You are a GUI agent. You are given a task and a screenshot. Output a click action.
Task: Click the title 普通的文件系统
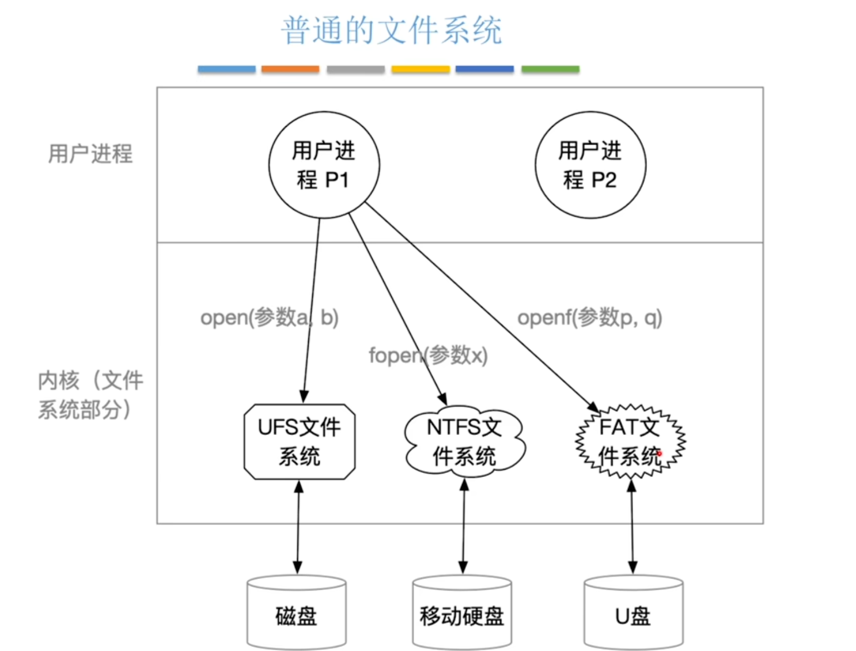pyautogui.click(x=392, y=30)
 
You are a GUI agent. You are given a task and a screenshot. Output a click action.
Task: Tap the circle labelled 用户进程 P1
pyautogui.click(x=324, y=165)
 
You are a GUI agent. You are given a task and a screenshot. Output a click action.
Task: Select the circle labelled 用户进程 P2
pyautogui.click(x=590, y=165)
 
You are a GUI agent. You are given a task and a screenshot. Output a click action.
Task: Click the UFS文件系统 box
pyautogui.click(x=300, y=442)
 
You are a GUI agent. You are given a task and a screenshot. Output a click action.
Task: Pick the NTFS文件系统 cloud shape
pyautogui.click(x=464, y=442)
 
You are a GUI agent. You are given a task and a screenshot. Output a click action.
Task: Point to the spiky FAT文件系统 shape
pyautogui.click(x=630, y=442)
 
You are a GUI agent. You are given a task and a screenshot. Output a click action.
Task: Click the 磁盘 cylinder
pyautogui.click(x=297, y=614)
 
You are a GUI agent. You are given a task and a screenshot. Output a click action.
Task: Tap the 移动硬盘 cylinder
pyautogui.click(x=462, y=614)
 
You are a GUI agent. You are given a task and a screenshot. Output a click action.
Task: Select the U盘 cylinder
pyautogui.click(x=633, y=614)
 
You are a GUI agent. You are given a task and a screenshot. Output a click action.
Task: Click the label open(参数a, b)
pyautogui.click(x=269, y=317)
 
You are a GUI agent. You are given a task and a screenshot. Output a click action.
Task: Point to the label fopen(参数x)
pyautogui.click(x=428, y=355)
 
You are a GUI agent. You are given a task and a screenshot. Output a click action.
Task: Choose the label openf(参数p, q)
pyautogui.click(x=590, y=317)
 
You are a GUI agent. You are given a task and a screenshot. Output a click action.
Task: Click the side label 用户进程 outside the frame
pyautogui.click(x=90, y=154)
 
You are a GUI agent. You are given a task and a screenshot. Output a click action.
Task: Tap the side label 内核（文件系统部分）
pyautogui.click(x=90, y=395)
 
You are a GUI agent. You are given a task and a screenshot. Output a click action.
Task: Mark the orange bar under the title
pyautogui.click(x=290, y=69)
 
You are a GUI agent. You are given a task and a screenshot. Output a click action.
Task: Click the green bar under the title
pyautogui.click(x=550, y=69)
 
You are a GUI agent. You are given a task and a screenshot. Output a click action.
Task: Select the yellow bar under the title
pyautogui.click(x=421, y=69)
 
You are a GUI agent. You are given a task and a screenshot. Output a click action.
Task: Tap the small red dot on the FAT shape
pyautogui.click(x=660, y=453)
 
